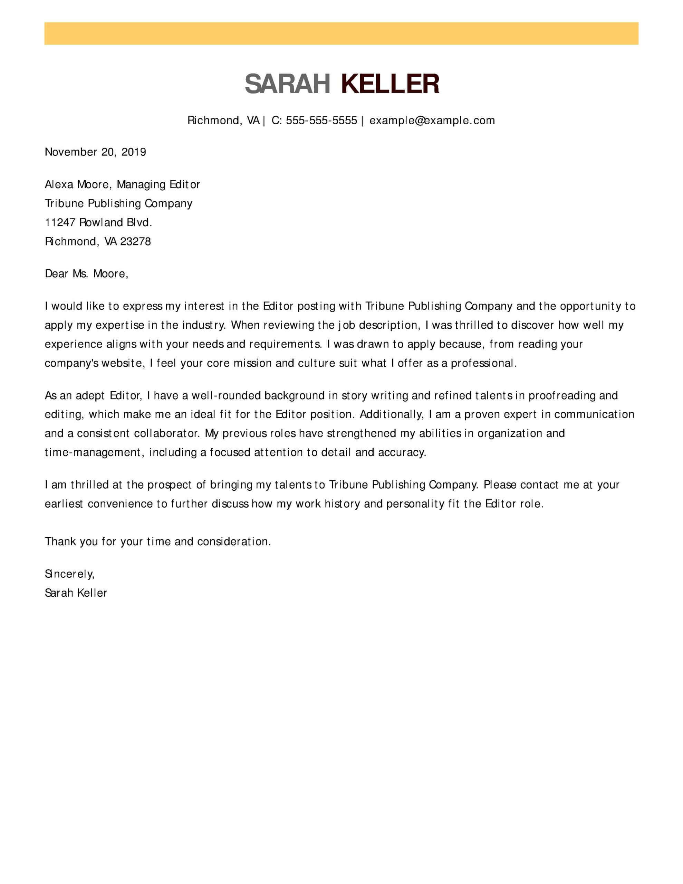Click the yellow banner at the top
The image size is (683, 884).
point(341,33)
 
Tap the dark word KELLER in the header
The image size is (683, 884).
point(390,84)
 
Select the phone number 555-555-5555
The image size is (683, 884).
point(321,121)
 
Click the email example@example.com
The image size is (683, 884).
point(432,121)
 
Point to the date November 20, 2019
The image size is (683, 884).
point(95,152)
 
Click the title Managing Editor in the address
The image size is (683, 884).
point(158,185)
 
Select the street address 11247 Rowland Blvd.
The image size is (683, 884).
point(98,222)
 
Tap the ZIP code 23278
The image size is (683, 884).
point(136,242)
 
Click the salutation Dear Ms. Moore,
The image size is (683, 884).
point(86,274)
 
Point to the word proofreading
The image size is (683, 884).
point(562,395)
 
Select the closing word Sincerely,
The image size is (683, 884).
point(69,574)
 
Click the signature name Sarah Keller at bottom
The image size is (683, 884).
point(76,593)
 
